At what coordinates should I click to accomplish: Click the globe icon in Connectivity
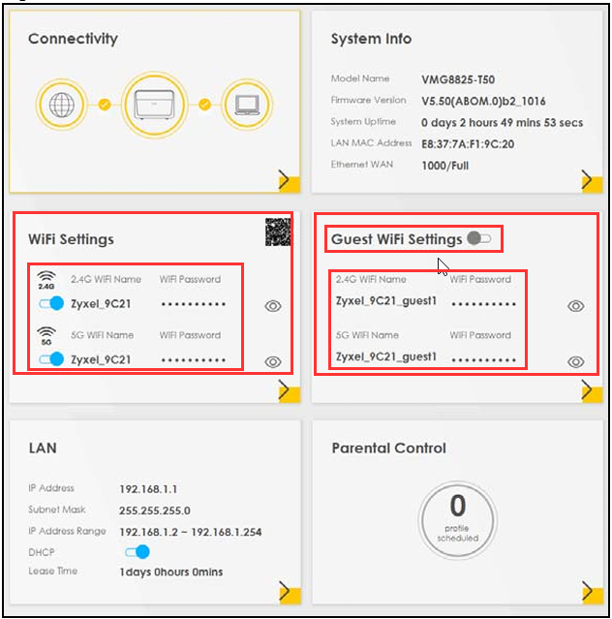tap(62, 105)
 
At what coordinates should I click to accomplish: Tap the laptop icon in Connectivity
tap(247, 105)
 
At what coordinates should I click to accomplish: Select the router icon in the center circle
tap(154, 105)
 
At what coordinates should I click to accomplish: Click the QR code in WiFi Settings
tap(278, 232)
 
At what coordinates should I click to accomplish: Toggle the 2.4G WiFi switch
tap(51, 303)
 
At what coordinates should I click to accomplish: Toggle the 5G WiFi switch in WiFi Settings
tap(51, 359)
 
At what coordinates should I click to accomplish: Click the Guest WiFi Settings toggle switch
tap(478, 238)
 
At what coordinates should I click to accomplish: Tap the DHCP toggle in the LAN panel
tap(138, 551)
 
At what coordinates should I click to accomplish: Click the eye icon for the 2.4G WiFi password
tap(273, 306)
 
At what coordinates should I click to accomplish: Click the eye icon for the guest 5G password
tap(576, 361)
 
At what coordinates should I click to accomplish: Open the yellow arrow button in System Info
tap(592, 181)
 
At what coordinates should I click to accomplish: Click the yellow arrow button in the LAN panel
tap(290, 593)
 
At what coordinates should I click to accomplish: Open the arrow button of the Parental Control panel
tap(593, 593)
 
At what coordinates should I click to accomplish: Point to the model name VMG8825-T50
tap(458, 79)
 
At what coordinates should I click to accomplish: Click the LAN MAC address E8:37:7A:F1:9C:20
tap(468, 144)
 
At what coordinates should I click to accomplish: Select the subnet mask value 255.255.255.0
tap(155, 511)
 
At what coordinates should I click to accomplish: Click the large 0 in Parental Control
tap(458, 506)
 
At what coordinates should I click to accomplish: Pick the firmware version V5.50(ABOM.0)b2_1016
tap(483, 102)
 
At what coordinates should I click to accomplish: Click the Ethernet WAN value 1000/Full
tap(445, 166)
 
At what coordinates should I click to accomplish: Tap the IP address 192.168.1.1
tap(148, 489)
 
